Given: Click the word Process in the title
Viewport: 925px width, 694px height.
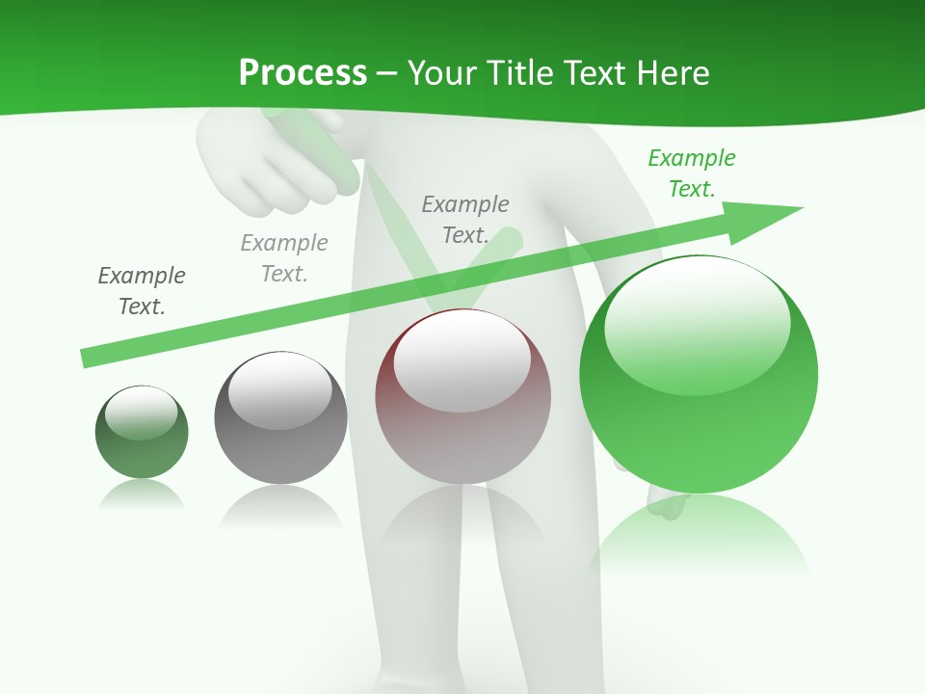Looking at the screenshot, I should click(303, 72).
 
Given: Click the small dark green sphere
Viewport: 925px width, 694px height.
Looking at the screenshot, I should click(142, 433).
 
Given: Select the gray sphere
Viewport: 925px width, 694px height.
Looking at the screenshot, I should click(280, 418).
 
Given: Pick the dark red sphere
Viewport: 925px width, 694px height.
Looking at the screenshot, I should click(462, 397).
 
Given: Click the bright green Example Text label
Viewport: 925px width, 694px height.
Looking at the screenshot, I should click(692, 173).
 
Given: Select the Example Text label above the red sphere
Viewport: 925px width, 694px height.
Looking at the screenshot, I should click(465, 219).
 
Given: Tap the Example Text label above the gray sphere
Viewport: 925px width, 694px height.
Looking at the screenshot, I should click(284, 257).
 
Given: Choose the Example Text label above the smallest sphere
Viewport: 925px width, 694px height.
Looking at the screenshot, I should click(142, 290).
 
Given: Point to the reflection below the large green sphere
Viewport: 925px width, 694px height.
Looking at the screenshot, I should click(699, 535).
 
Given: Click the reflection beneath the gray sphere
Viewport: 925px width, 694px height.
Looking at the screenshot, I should click(280, 506).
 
